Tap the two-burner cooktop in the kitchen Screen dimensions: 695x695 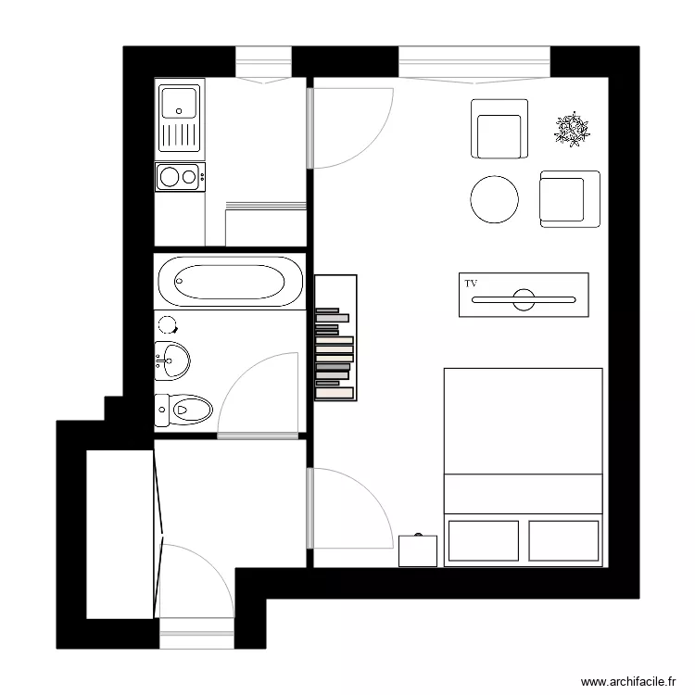[x=180, y=176]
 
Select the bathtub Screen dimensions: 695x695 [x=230, y=282]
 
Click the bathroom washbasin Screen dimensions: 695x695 [x=171, y=358]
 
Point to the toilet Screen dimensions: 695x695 [x=184, y=407]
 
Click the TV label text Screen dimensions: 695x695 [x=471, y=283]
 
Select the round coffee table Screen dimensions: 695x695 [x=495, y=199]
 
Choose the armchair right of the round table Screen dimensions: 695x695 [x=568, y=199]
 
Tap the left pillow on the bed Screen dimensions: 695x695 [x=483, y=540]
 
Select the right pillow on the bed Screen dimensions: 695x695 [x=563, y=540]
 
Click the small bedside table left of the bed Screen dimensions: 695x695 [x=417, y=550]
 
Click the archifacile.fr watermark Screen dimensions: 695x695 [x=627, y=681]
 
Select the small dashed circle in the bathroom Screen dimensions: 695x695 [x=168, y=324]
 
